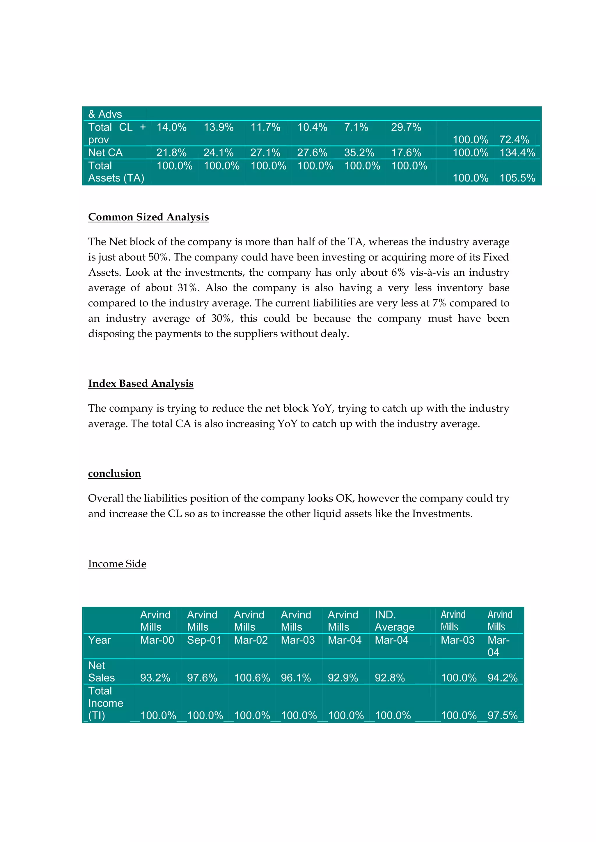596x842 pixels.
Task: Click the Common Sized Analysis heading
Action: [x=148, y=217]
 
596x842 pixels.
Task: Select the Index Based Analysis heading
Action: [x=141, y=383]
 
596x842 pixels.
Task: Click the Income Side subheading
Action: [x=117, y=564]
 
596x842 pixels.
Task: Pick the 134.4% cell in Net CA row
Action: [x=517, y=153]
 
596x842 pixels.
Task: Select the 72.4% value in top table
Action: [x=514, y=140]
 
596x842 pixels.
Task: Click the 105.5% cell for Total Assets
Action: [x=517, y=178]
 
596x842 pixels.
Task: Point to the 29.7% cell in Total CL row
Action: [x=406, y=127]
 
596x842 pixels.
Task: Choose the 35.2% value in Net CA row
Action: [x=359, y=153]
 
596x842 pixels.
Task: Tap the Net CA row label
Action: [x=105, y=153]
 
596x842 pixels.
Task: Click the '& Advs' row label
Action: [x=105, y=114]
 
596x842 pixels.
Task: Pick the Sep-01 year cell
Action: [x=204, y=640]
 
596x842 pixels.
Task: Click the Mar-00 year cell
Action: [x=157, y=640]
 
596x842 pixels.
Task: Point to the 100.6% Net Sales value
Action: [x=252, y=678]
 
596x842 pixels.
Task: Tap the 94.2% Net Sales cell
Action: [x=502, y=678]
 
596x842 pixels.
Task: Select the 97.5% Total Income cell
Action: [x=502, y=716]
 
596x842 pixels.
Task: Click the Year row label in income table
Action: [x=100, y=640]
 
